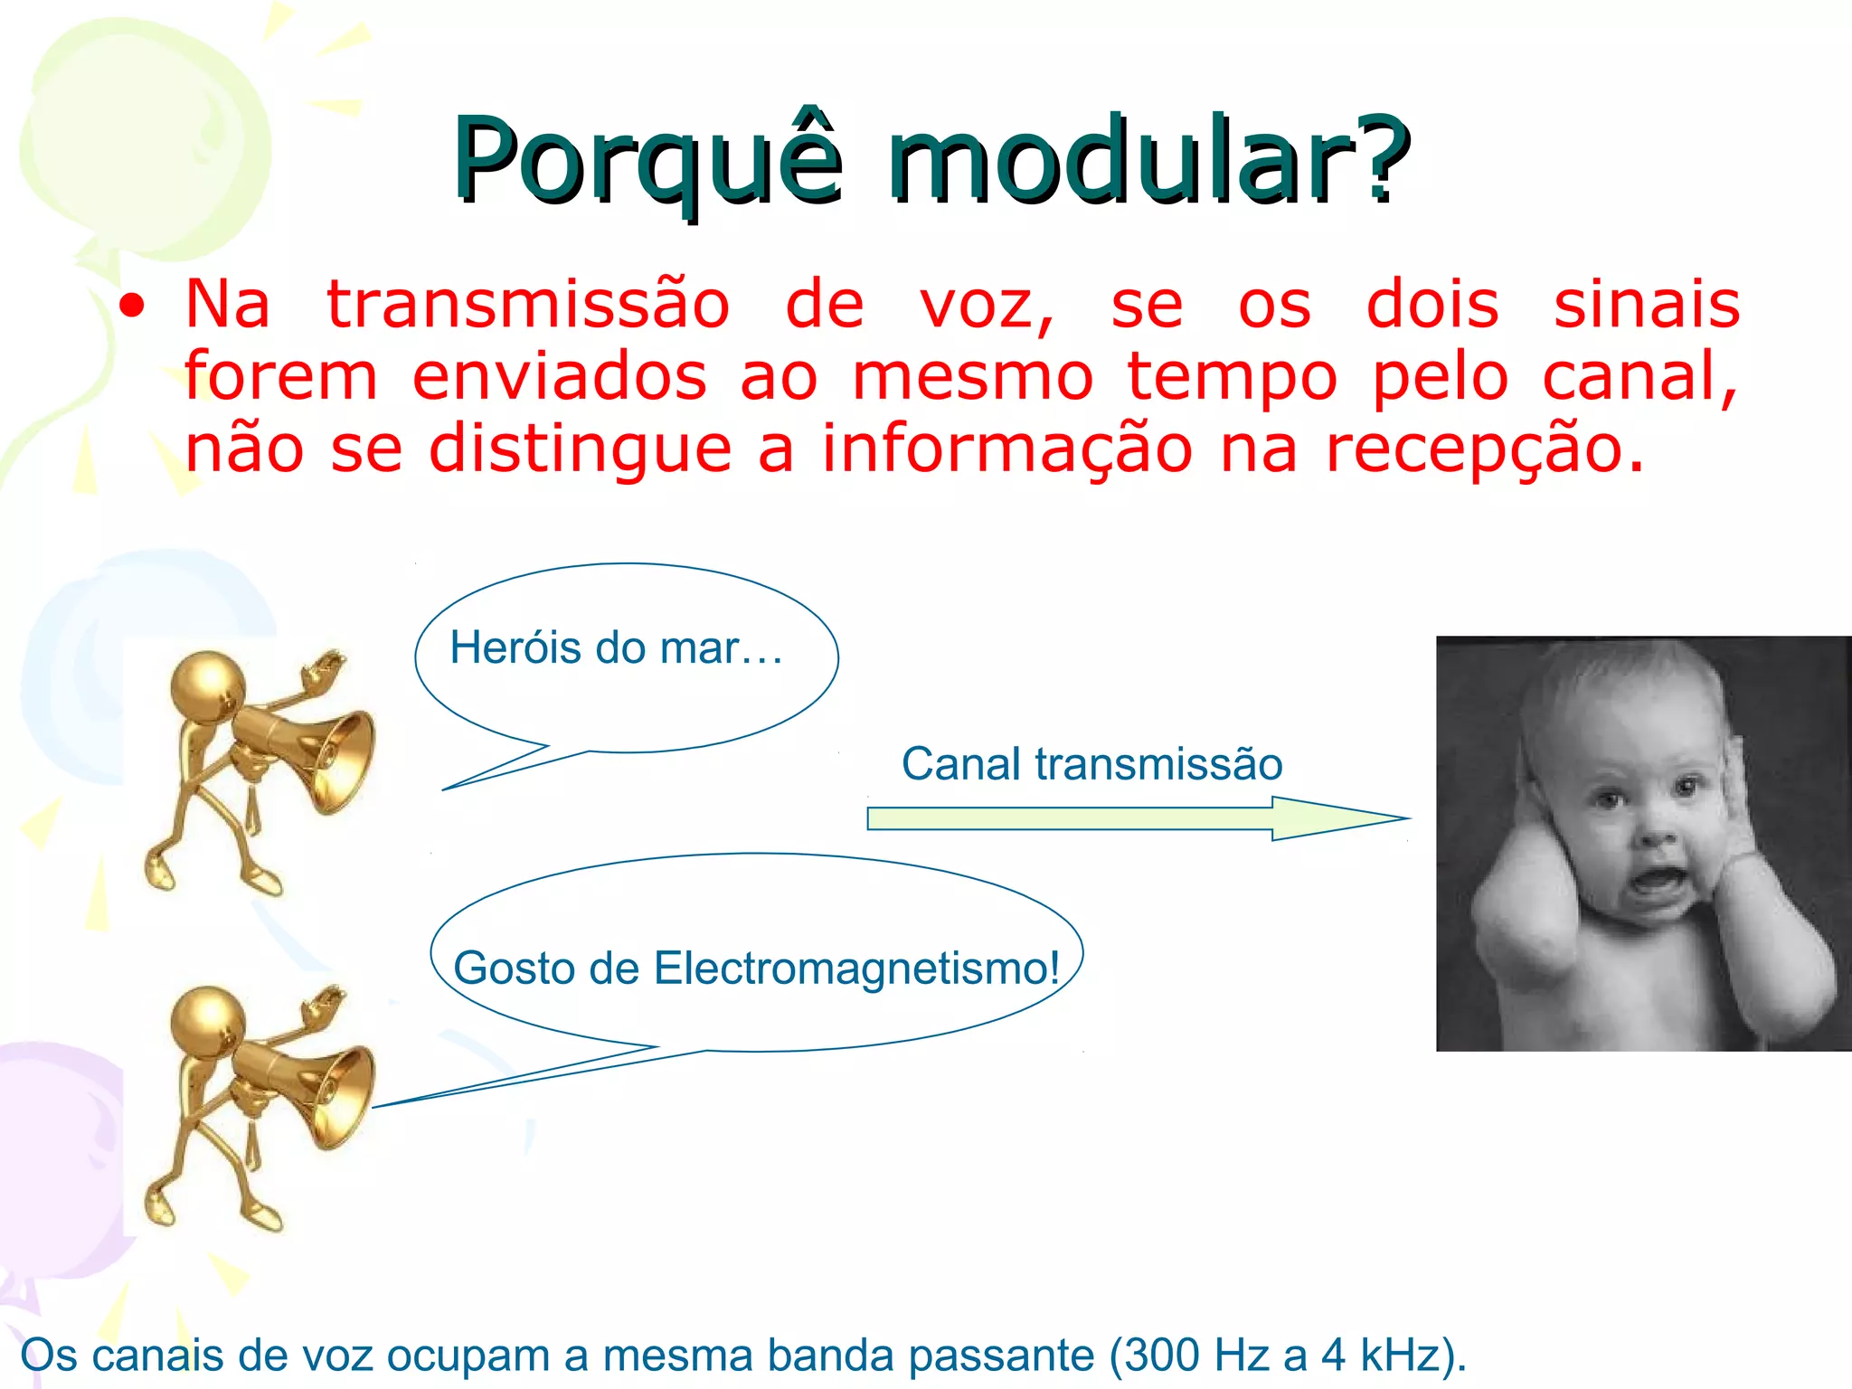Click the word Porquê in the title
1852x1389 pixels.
pyautogui.click(x=647, y=161)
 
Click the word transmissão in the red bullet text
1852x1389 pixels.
pyautogui.click(x=528, y=305)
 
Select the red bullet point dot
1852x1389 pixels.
pyautogui.click(x=132, y=307)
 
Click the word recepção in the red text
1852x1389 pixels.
pyautogui.click(x=1483, y=449)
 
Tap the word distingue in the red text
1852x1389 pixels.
pyautogui.click(x=579, y=450)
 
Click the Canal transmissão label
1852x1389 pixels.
pyautogui.click(x=1091, y=764)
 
